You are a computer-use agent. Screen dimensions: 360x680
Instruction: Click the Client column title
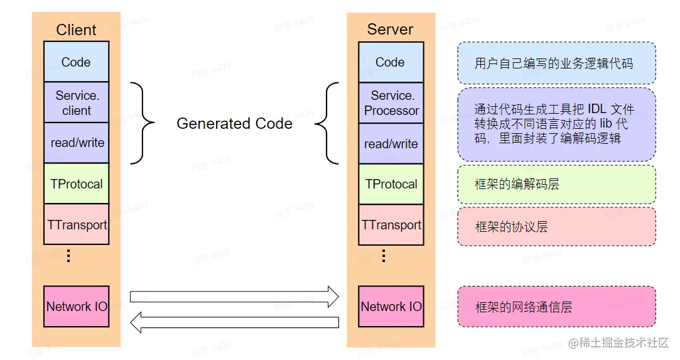[76, 30]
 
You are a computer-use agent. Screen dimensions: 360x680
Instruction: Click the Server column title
[390, 30]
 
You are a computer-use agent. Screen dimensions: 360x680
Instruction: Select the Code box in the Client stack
[76, 62]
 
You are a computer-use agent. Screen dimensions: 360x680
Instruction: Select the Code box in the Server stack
[391, 62]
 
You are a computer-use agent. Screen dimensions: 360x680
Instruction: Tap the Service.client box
[76, 103]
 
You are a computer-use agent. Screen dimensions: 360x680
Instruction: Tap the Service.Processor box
[391, 103]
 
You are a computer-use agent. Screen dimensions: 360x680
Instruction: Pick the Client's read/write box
[76, 143]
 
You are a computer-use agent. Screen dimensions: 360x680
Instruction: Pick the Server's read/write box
[391, 144]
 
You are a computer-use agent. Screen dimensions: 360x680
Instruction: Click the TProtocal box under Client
[76, 184]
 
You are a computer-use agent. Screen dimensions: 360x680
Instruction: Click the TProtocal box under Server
[391, 184]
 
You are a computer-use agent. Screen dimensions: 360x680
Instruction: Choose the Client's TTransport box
[76, 224]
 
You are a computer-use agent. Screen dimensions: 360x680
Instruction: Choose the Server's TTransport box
[391, 224]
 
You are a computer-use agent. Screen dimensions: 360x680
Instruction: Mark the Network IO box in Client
[76, 307]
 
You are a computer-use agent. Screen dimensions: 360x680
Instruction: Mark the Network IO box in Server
[391, 307]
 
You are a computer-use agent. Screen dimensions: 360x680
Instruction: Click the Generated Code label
[234, 124]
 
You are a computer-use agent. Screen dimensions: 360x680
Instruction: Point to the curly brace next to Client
[143, 123]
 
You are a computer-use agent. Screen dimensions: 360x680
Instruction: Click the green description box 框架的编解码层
[556, 185]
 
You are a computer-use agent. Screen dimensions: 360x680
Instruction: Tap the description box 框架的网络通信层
[556, 307]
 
